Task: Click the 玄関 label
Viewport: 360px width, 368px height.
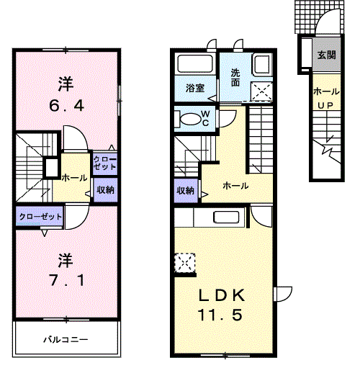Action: (326, 55)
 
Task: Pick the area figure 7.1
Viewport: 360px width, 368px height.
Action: (66, 279)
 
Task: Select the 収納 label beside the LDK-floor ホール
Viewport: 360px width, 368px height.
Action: (185, 191)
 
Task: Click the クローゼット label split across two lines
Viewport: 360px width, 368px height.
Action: (104, 163)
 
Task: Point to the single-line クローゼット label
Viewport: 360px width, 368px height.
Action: (40, 215)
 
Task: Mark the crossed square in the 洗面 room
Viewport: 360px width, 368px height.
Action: (259, 91)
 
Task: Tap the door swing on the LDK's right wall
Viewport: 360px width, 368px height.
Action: (283, 292)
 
